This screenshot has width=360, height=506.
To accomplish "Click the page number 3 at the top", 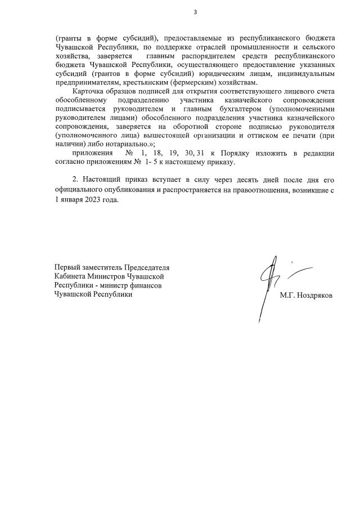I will click(195, 12).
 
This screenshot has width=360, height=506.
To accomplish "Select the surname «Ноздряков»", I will click(313, 294).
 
